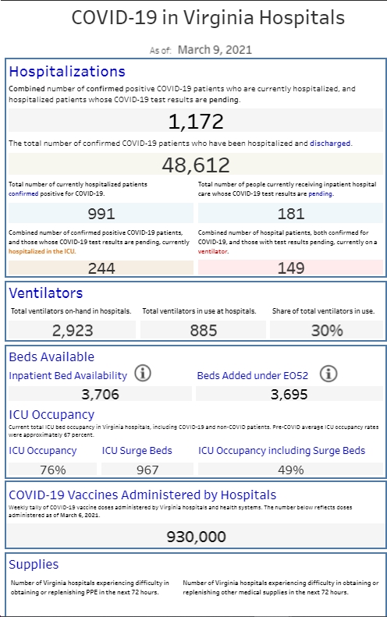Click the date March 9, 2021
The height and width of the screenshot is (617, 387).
(215, 50)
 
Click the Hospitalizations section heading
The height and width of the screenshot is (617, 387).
(67, 71)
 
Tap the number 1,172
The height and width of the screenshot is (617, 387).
(196, 121)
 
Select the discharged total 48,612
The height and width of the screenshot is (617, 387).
(196, 165)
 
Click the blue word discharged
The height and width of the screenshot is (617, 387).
(330, 144)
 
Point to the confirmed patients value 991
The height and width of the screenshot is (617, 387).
(101, 214)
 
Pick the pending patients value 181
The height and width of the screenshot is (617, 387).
(291, 214)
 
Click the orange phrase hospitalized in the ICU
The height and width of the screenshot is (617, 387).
(41, 251)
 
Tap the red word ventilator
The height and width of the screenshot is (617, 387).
(212, 251)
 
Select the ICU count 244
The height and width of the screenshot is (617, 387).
(101, 268)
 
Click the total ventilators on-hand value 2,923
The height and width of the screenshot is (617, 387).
(73, 331)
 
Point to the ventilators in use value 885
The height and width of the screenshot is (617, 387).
(203, 331)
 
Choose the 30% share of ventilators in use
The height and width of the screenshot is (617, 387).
(327, 331)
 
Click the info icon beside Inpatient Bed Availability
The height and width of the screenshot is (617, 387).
(143, 373)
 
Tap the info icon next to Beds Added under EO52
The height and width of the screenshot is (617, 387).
(328, 373)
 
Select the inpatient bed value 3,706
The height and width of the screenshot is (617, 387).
(100, 394)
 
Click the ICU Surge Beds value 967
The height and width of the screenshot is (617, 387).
(147, 470)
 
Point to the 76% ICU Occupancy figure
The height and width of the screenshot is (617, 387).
(53, 470)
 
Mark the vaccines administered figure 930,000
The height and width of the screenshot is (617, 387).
(196, 537)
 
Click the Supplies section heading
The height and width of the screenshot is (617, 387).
(34, 565)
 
